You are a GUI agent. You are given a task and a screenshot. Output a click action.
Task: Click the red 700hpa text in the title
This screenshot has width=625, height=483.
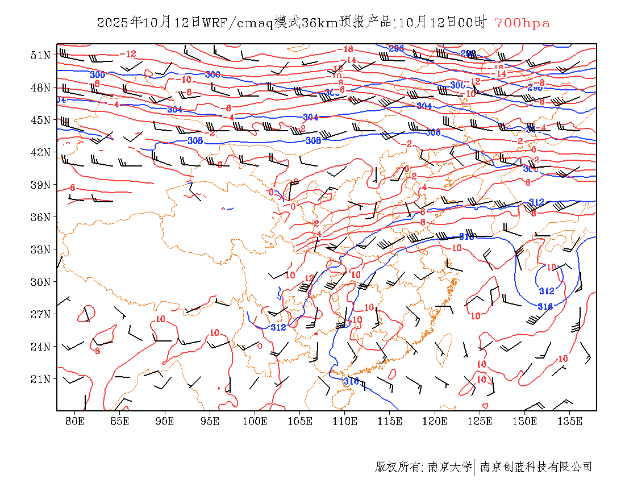click(x=522, y=23)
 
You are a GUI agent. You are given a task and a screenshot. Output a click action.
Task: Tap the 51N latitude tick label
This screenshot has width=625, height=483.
click(x=40, y=55)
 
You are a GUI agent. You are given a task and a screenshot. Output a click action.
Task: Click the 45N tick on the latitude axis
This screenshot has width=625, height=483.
click(x=40, y=120)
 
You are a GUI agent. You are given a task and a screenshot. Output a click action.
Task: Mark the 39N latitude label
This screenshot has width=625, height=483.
click(x=40, y=185)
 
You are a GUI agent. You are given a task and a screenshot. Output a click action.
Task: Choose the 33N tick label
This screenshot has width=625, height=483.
click(x=40, y=249)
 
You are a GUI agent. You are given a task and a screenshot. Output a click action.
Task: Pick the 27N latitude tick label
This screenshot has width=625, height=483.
click(x=40, y=314)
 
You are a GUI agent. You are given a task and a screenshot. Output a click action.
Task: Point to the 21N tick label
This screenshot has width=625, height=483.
click(x=40, y=379)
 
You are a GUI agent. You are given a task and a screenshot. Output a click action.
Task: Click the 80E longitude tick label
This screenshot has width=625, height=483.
click(x=75, y=421)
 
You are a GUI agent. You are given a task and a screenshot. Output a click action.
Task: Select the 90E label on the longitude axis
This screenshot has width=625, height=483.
click(x=165, y=421)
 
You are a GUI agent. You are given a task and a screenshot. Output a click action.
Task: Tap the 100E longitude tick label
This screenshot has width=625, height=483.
click(x=255, y=421)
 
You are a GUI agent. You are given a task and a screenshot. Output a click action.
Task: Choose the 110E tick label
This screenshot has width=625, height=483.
click(x=345, y=421)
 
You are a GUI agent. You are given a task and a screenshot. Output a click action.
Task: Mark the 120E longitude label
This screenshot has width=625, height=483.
click(x=435, y=421)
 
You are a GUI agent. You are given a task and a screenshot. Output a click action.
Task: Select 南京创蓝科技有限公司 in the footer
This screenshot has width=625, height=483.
click(x=536, y=467)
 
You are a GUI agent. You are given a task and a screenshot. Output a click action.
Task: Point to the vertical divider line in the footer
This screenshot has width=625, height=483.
click(x=474, y=467)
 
